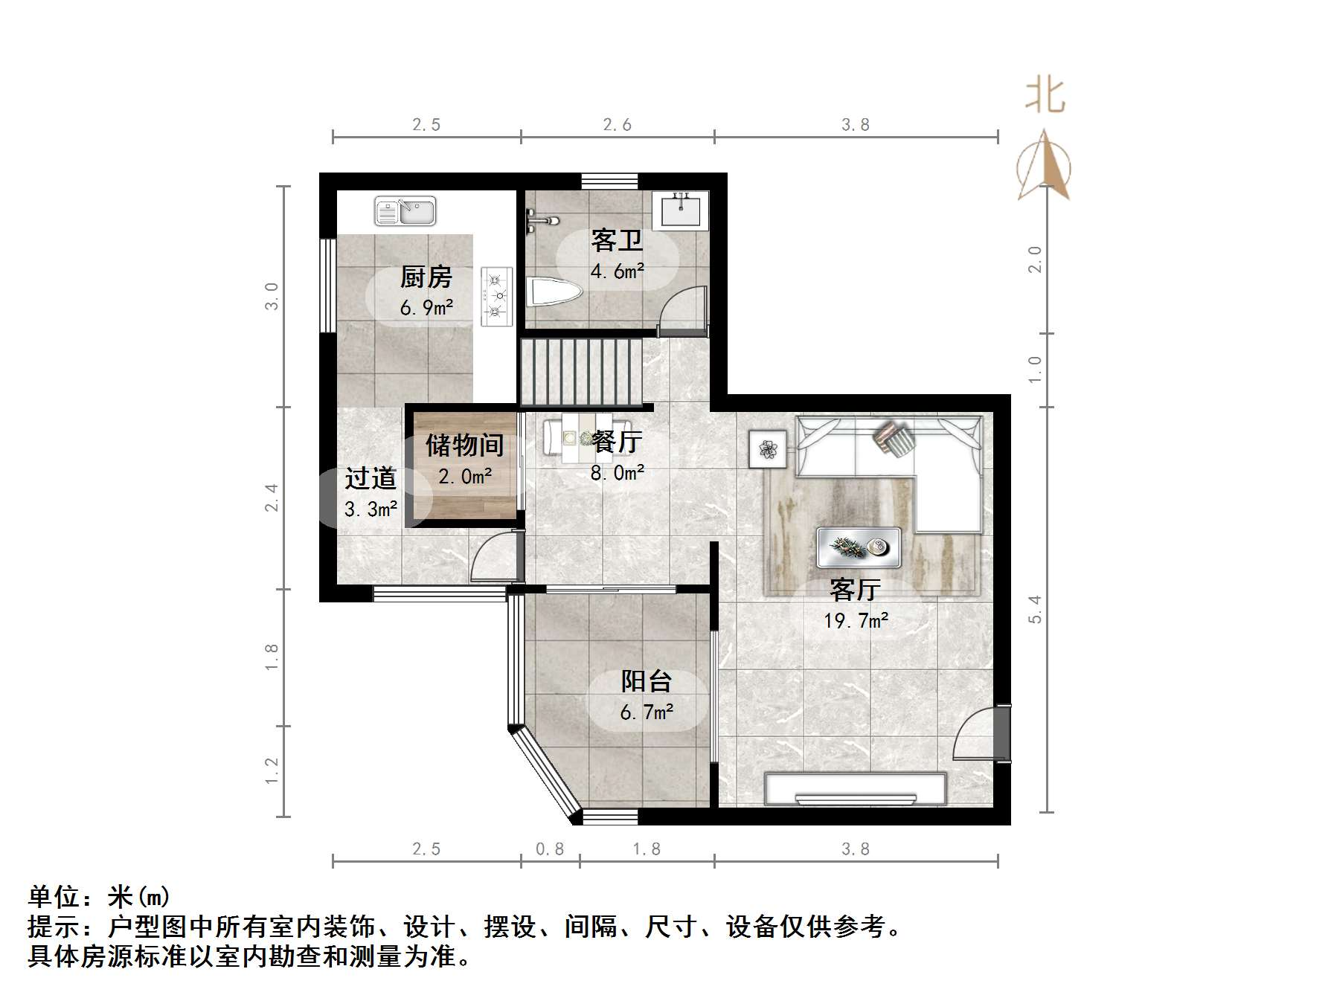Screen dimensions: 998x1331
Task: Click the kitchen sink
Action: click(405, 211)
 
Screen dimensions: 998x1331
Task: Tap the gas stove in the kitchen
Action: click(496, 296)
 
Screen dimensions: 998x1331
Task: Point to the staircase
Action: click(580, 372)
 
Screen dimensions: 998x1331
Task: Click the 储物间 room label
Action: click(464, 445)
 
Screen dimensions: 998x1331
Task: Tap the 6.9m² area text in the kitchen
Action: click(426, 307)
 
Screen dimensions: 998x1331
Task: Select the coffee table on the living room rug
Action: click(859, 547)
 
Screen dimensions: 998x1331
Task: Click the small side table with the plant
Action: click(768, 449)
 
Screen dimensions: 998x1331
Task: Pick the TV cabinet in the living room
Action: click(856, 789)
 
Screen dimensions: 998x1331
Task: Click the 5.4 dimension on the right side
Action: click(1034, 609)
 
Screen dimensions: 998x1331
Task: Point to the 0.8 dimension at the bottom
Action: click(550, 849)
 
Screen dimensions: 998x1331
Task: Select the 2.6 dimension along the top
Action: click(617, 125)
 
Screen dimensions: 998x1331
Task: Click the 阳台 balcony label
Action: click(647, 680)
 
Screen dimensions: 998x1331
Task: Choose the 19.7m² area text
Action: click(856, 620)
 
